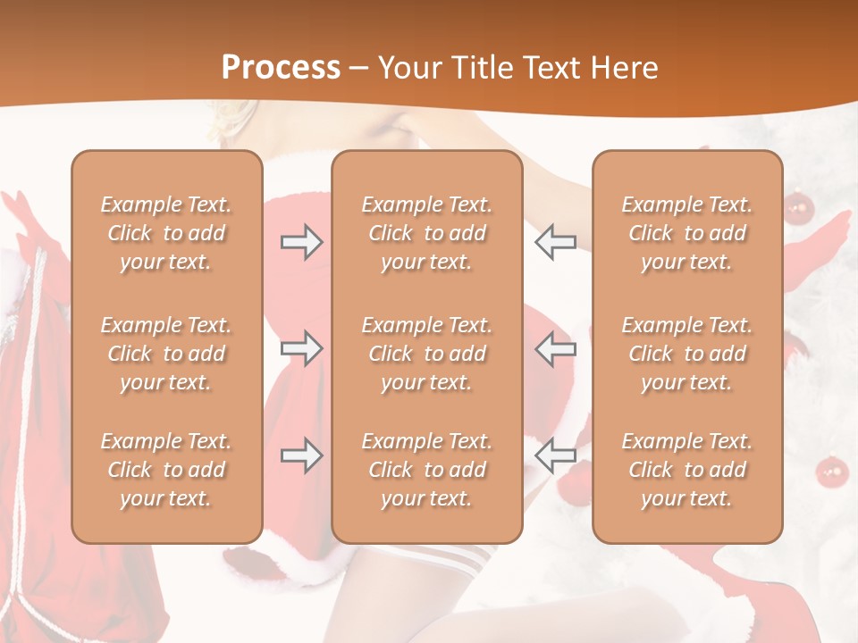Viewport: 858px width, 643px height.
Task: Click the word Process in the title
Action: coord(281,68)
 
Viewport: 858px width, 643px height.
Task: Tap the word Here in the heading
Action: coord(626,68)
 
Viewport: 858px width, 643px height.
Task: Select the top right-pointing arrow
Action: coord(302,242)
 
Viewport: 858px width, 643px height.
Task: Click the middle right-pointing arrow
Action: coord(302,348)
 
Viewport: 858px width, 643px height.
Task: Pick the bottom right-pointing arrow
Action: coord(302,455)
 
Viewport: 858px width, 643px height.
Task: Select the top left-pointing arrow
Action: coord(555,242)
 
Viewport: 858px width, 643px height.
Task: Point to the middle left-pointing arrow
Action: coord(555,348)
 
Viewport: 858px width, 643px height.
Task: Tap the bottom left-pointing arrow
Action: coord(555,455)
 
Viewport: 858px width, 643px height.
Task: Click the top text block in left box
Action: coord(166,233)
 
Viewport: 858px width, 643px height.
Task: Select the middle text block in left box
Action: coord(166,354)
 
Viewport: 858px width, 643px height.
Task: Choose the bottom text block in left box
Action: coord(166,470)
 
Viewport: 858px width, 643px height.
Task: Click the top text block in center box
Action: coord(426,233)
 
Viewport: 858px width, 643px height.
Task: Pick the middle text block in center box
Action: coord(426,354)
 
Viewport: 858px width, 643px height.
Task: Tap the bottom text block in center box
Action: coord(426,470)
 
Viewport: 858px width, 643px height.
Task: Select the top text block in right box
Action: coord(687,233)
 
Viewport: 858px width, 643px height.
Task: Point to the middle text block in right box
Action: coord(687,354)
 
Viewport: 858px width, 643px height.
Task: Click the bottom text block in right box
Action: coord(687,470)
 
